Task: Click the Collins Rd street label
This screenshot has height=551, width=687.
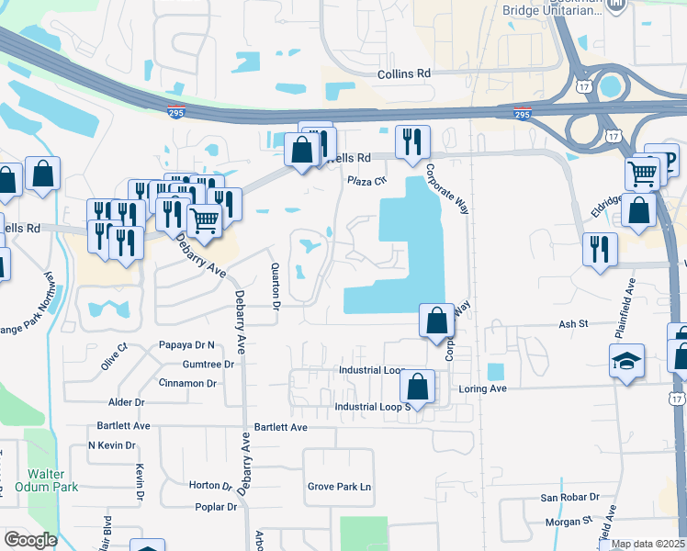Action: [x=404, y=73]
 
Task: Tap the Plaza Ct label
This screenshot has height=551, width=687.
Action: [x=367, y=181]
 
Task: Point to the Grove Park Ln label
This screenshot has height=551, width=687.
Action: [x=339, y=487]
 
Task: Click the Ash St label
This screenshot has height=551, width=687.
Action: [x=573, y=324]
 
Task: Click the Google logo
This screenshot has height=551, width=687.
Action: [x=30, y=539]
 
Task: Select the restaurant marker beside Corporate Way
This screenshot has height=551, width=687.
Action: [x=410, y=142]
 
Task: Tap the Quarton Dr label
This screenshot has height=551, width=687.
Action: [x=275, y=287]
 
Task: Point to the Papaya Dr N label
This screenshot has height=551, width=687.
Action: [x=186, y=345]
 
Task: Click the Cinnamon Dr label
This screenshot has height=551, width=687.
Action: [x=187, y=383]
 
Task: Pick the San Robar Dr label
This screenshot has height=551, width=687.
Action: [x=569, y=498]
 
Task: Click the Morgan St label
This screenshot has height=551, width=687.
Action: [x=568, y=521]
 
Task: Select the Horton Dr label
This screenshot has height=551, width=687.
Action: [x=210, y=486]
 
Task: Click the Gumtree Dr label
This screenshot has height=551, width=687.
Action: [x=208, y=364]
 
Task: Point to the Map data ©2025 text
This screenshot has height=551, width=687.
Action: [x=648, y=544]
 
